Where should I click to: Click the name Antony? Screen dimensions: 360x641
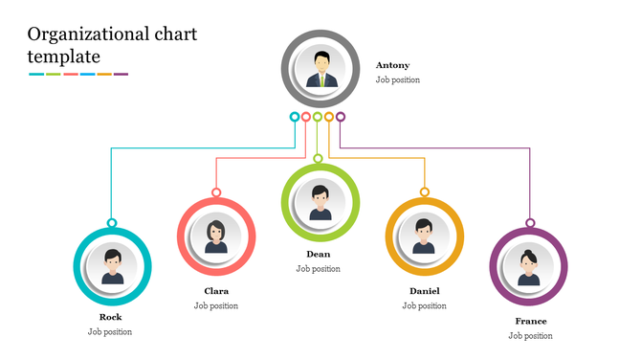pyautogui.click(x=392, y=65)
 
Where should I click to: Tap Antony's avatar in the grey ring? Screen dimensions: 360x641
pyautogui.click(x=319, y=69)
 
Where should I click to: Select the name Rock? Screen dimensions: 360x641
pyautogui.click(x=110, y=317)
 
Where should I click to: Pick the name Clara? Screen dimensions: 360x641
pyautogui.click(x=216, y=291)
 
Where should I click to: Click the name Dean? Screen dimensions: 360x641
pyautogui.click(x=318, y=254)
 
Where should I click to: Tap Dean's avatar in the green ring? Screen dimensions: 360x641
pyautogui.click(x=320, y=201)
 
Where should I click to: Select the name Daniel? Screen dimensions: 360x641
pyautogui.click(x=424, y=290)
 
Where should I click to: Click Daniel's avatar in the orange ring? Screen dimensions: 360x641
pyautogui.click(x=424, y=235)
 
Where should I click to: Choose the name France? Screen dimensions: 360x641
pyautogui.click(x=530, y=321)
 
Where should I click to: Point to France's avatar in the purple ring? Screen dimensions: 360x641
pyautogui.click(x=528, y=265)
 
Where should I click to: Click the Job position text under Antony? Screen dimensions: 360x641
pyautogui.click(x=397, y=80)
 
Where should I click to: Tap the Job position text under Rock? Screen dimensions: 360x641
pyautogui.click(x=110, y=332)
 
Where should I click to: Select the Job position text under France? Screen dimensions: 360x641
pyautogui.click(x=530, y=336)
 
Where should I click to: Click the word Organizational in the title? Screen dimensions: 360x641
pyautogui.click(x=85, y=35)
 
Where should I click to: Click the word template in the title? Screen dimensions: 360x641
pyautogui.click(x=64, y=57)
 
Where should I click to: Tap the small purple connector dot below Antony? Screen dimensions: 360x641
pyautogui.click(x=341, y=117)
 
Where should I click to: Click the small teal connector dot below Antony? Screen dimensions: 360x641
pyautogui.click(x=295, y=117)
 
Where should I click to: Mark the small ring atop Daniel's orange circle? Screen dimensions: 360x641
pyautogui.click(x=424, y=191)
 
